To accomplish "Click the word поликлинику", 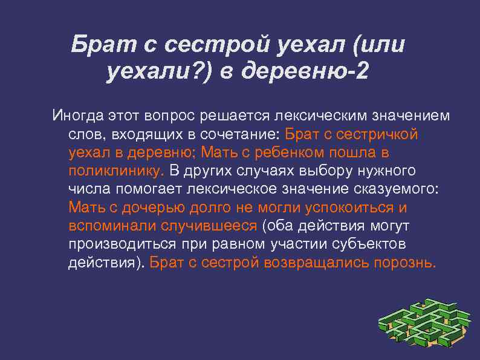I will tap(115, 170).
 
